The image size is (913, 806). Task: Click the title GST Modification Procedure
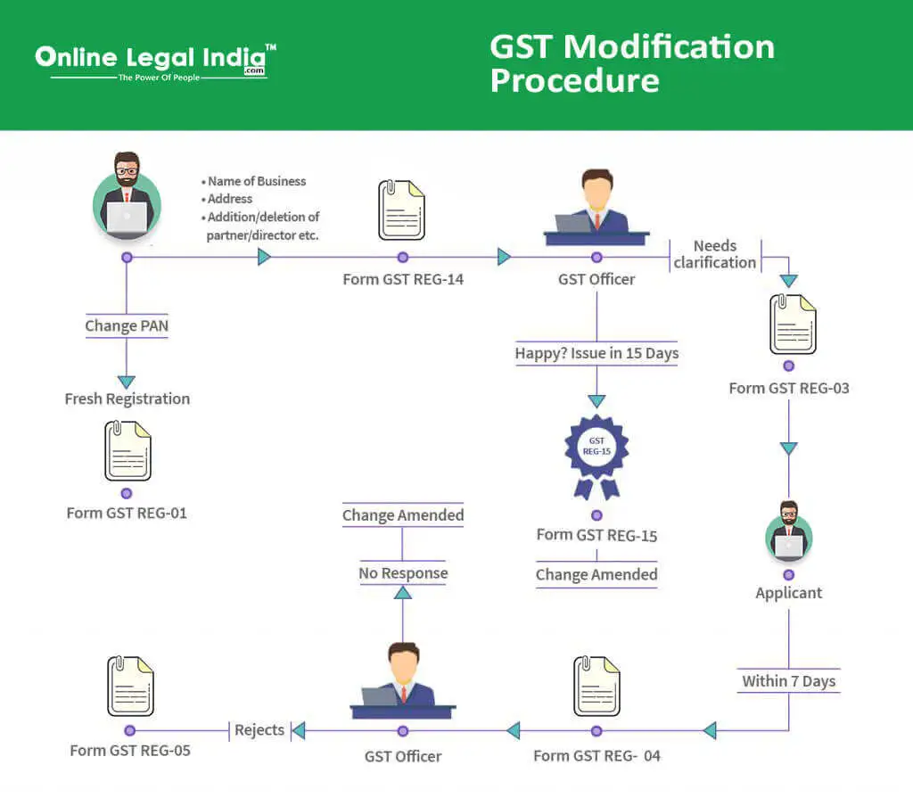tap(631, 63)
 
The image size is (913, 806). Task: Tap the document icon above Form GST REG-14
tap(401, 210)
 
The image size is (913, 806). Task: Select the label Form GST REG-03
tap(788, 388)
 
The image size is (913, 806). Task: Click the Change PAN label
tap(127, 325)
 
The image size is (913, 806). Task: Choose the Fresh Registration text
tap(127, 399)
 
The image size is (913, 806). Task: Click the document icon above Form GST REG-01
tap(127, 451)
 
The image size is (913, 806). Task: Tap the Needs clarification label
tap(715, 254)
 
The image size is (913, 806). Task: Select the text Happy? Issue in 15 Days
tap(596, 353)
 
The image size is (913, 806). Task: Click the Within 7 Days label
tap(788, 681)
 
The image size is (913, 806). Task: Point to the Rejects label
tap(259, 730)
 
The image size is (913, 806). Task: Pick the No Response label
tap(403, 573)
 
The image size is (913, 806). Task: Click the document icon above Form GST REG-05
tap(129, 687)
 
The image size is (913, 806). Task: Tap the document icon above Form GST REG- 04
tap(596, 687)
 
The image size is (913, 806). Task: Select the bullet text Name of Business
tap(256, 181)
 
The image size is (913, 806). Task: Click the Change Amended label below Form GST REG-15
tap(596, 575)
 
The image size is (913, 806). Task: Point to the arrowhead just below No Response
tap(403, 594)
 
